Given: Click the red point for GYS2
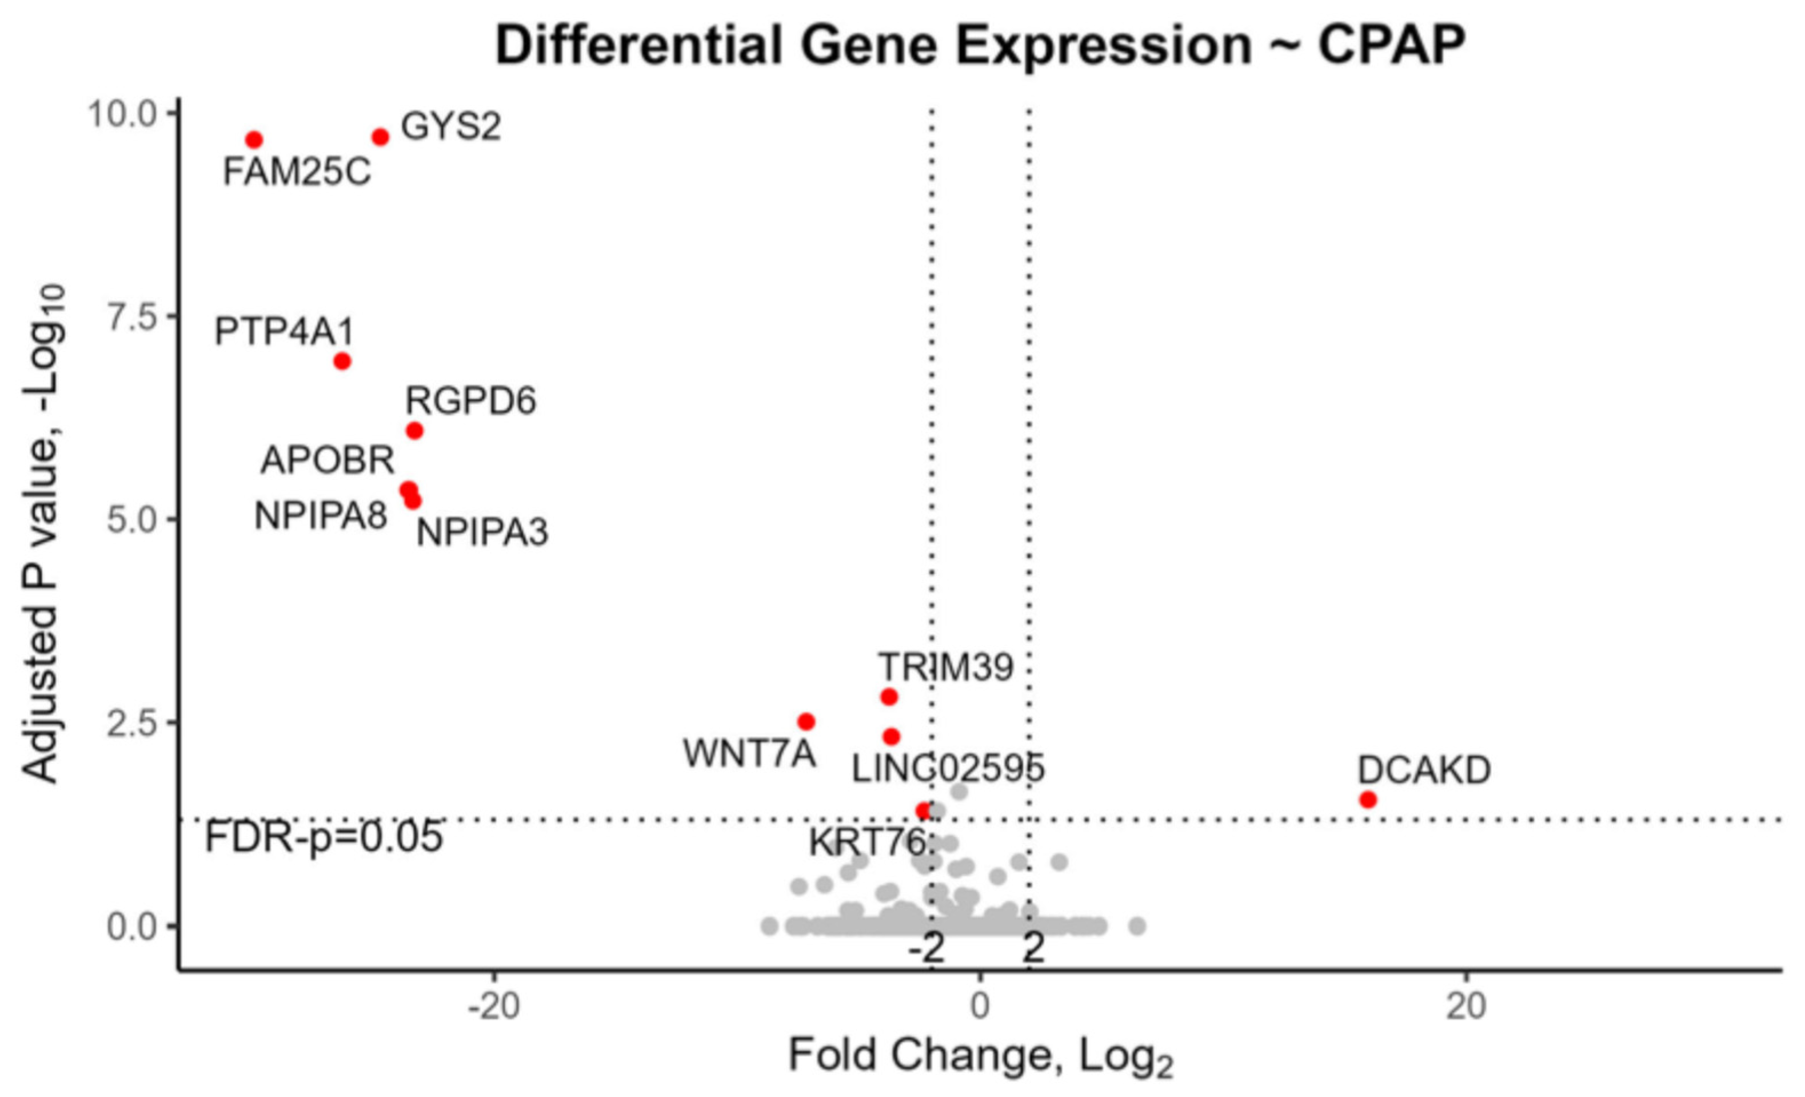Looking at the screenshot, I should click(380, 137).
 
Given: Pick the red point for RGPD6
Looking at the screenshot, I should click(414, 431).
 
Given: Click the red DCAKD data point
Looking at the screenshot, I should click(1368, 800).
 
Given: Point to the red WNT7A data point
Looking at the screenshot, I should click(806, 722).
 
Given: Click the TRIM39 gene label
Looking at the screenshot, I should click(946, 667).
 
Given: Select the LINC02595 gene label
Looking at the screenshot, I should click(948, 769).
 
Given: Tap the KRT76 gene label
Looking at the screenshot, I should click(867, 842).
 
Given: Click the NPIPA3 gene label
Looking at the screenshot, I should click(482, 532).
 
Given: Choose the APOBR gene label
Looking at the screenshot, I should click(328, 461).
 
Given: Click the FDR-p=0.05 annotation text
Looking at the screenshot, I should click(324, 837).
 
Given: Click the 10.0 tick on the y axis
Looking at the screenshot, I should click(122, 114).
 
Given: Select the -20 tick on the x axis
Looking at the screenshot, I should click(494, 1007).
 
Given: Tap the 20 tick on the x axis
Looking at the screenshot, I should click(1466, 1007).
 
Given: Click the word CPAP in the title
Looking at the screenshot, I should click(1391, 45).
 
